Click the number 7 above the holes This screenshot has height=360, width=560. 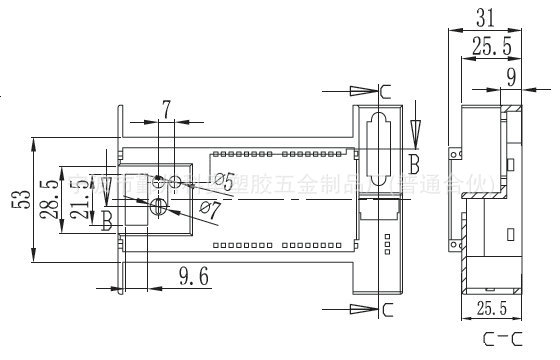point(166,106)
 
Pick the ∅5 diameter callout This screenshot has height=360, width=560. point(223,181)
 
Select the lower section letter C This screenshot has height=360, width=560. point(387,308)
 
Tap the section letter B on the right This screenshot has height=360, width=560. point(412,159)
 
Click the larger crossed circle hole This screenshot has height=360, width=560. point(157,206)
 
